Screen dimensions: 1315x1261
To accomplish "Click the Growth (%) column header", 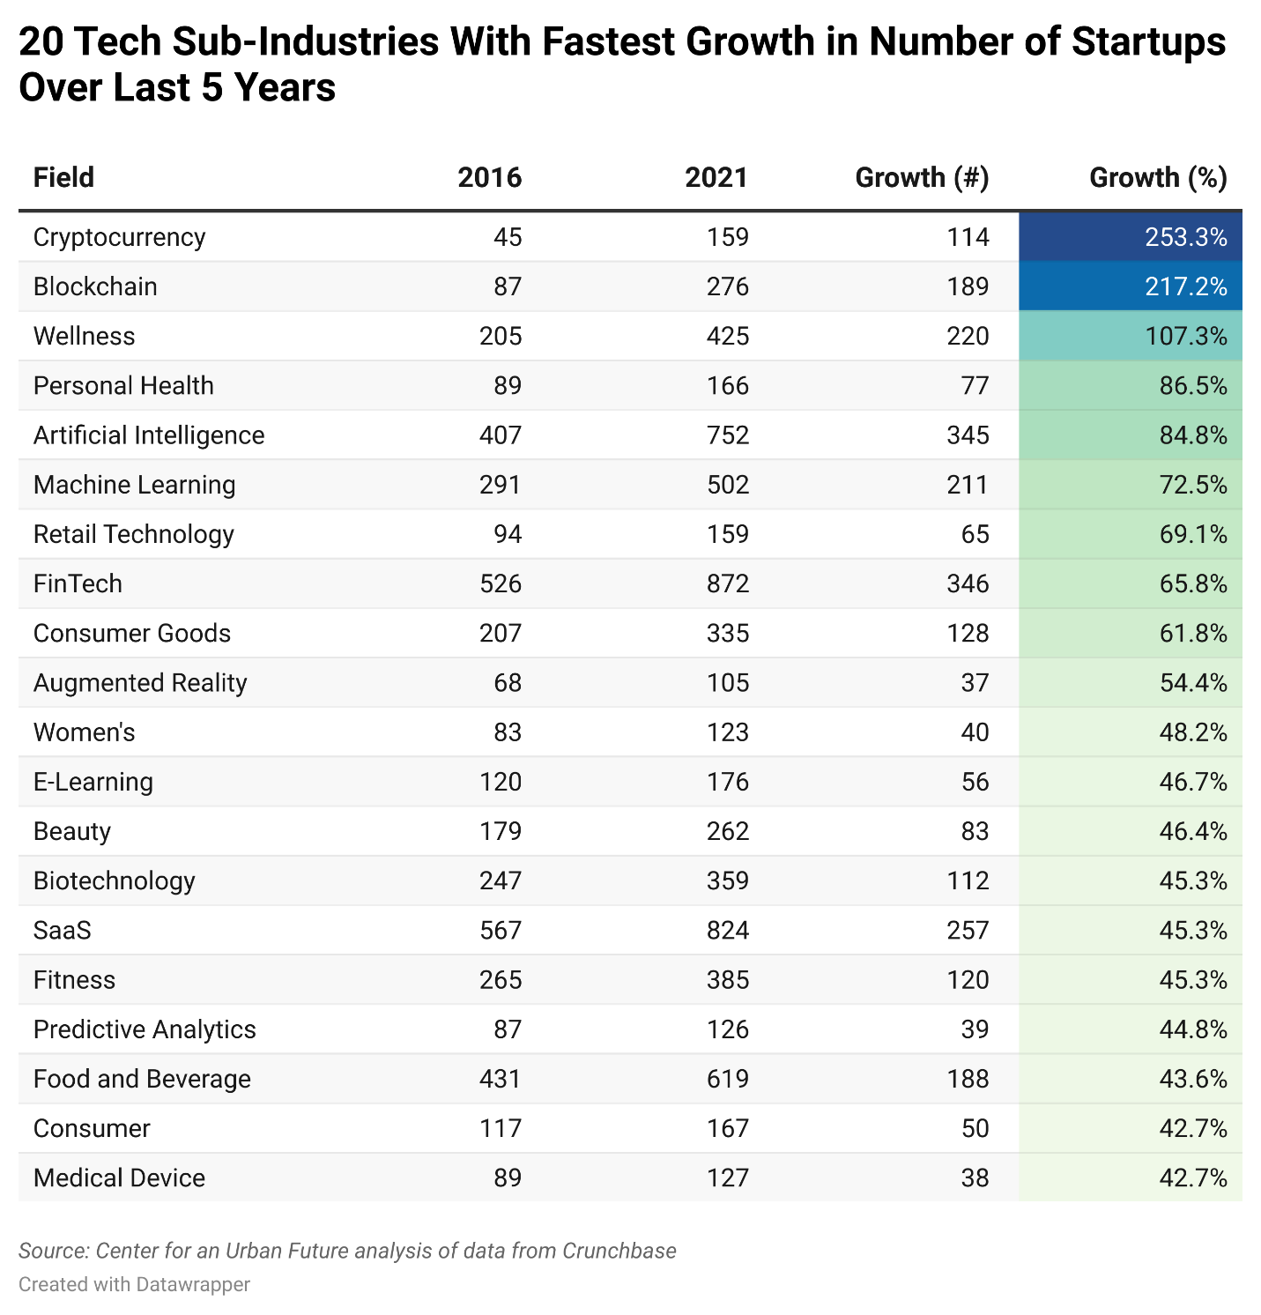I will [1157, 178].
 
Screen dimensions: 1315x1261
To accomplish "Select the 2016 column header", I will [489, 178].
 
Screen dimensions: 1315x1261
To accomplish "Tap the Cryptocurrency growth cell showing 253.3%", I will [1185, 237].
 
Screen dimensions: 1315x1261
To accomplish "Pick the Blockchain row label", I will [95, 286].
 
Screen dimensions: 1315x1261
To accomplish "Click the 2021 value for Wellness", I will [727, 336].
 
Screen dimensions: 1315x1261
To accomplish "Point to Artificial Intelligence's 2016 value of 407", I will [501, 435].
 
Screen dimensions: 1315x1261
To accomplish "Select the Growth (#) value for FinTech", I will [968, 583].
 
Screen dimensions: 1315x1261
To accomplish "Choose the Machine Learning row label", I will [134, 485].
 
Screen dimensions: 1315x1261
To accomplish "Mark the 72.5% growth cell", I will [1192, 485].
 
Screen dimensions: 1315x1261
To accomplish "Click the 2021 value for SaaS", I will [727, 931].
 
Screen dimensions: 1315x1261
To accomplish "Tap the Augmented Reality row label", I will [140, 683].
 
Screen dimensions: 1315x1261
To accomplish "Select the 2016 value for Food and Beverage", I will [501, 1079].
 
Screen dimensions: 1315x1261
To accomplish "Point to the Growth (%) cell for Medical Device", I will [1192, 1178].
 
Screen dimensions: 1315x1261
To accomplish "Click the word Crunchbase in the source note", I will [619, 1251].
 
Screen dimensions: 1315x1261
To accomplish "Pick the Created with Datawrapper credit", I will [134, 1284].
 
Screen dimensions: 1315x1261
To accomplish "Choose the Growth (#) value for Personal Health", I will [975, 386].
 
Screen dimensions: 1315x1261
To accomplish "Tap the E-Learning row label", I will [93, 782].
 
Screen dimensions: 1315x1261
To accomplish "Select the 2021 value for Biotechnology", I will [727, 881].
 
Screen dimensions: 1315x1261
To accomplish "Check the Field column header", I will [63, 178].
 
